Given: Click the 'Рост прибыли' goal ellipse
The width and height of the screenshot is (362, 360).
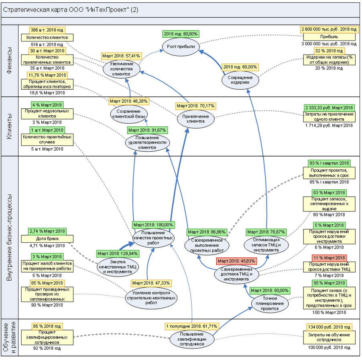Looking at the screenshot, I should pyautogui.click(x=181, y=47).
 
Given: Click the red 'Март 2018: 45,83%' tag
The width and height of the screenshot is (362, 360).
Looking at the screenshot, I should pyautogui.click(x=235, y=261).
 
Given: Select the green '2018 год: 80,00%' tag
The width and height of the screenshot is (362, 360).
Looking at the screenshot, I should pyautogui.click(x=181, y=34).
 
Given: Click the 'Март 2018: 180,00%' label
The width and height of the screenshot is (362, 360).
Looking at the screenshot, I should pyautogui.click(x=153, y=224).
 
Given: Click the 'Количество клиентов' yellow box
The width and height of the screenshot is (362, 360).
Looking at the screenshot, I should pyautogui.click(x=47, y=37).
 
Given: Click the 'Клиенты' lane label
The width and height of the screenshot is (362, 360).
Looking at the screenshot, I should pyautogui.click(x=10, y=126).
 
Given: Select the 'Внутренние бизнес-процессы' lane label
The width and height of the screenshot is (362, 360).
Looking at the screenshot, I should pyautogui.click(x=10, y=237).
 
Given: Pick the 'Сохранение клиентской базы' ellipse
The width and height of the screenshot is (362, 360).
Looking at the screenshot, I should pyautogui.click(x=129, y=114).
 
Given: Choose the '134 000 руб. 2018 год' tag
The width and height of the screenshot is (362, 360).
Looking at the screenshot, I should pyautogui.click(x=329, y=327).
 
